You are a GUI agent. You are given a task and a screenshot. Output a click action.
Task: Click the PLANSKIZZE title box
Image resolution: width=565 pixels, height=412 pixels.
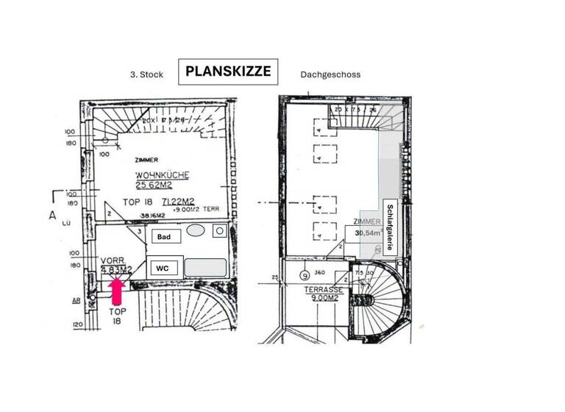[228, 72]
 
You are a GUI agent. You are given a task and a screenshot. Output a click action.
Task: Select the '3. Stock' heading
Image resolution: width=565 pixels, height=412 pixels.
[146, 75]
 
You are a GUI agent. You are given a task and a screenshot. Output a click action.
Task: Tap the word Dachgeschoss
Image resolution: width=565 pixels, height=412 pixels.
[330, 75]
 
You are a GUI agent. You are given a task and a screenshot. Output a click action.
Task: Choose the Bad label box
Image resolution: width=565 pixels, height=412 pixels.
[164, 237]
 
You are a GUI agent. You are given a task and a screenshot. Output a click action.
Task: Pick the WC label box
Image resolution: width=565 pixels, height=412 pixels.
[163, 268]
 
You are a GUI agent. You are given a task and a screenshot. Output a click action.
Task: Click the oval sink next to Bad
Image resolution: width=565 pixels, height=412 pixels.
[195, 231]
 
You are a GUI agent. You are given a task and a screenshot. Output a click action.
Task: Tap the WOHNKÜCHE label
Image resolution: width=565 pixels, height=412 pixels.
[163, 175]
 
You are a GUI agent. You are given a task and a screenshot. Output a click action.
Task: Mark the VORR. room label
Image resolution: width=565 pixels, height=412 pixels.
[113, 260]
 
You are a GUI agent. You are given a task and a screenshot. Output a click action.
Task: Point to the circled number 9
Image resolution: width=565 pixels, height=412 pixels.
[304, 277]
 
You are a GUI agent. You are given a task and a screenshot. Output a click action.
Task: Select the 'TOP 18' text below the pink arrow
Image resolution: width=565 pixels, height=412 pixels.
[118, 316]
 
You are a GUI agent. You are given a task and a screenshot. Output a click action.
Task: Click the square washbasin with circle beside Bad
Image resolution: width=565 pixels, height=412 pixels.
[219, 231]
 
